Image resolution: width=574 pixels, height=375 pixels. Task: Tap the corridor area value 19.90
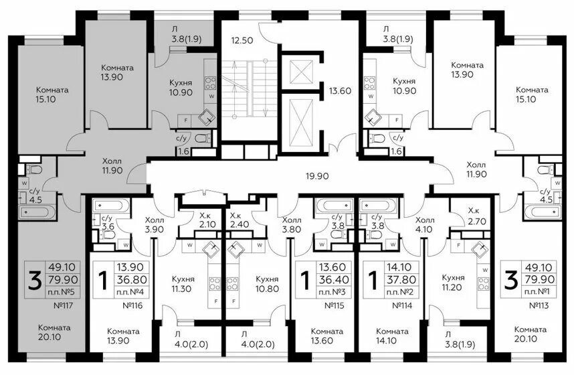coord(317,176)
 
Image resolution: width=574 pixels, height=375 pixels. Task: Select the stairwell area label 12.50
coord(242,40)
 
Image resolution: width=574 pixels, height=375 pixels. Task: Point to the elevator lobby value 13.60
coord(340,91)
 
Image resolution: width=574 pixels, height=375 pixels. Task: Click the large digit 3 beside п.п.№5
coord(35,281)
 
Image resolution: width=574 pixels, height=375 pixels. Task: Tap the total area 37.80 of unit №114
coord(401,280)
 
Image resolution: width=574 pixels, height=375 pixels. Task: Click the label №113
coord(539,305)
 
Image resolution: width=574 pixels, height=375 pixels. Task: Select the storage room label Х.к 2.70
coord(477,216)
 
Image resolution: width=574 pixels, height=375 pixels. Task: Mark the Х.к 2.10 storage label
coord(207,220)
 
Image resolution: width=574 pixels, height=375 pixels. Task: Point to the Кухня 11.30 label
coord(183,284)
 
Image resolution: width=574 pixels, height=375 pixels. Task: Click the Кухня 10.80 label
coord(267,284)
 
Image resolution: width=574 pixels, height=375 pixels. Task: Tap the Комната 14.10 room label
coord(392,335)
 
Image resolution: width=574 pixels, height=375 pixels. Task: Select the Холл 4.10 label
coord(425,225)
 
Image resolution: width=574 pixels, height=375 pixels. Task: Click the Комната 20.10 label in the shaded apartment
coord(55,332)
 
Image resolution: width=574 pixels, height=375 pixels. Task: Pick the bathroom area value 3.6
coord(108,226)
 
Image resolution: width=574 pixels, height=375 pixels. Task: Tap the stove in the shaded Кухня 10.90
coord(210,83)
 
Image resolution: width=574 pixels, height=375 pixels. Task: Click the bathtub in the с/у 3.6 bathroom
coord(111,206)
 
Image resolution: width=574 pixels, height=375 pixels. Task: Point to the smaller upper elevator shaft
coord(300,71)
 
